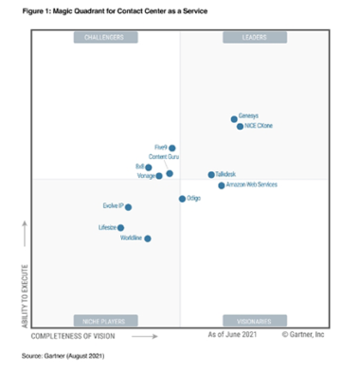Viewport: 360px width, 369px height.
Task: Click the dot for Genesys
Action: coord(234,119)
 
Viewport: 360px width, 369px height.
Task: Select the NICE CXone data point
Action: coord(240,126)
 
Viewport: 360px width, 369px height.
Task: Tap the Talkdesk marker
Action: coord(211,175)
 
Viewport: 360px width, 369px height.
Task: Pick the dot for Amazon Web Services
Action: coord(222,185)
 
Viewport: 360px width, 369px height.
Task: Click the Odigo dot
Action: coord(182,199)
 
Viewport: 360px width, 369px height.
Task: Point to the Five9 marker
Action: coord(172,149)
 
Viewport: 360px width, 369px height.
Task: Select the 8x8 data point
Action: coord(149,167)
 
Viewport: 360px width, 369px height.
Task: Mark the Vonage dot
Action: coord(159,176)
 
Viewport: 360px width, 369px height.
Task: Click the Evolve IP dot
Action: coord(128,207)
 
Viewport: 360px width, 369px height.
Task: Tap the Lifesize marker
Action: coord(120,228)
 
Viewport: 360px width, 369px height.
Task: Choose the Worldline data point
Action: coord(147,238)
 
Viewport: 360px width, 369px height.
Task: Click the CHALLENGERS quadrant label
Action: coord(105,38)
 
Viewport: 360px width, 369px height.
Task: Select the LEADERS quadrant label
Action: coord(255,38)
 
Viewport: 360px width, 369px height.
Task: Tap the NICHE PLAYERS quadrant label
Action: coord(105,321)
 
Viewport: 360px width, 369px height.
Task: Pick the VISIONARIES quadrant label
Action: coord(255,321)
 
